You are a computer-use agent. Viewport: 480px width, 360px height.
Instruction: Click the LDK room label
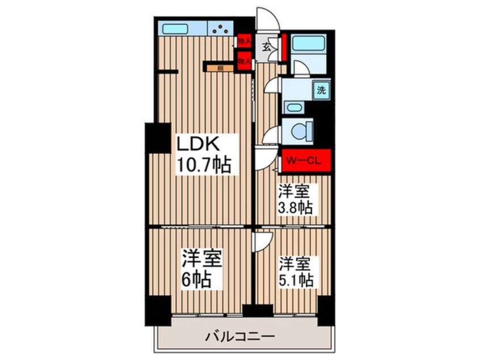coord(200,143)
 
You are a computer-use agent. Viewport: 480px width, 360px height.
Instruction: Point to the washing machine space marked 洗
coord(321,89)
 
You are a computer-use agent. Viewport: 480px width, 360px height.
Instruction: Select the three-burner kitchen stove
coord(221,27)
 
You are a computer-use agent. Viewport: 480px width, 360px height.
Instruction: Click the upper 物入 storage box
coord(245,41)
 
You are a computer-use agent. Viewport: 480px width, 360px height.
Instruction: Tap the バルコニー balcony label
coord(240,337)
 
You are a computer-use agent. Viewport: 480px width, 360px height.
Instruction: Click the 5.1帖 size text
coord(295,281)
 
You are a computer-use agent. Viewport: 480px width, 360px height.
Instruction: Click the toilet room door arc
coord(271,135)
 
